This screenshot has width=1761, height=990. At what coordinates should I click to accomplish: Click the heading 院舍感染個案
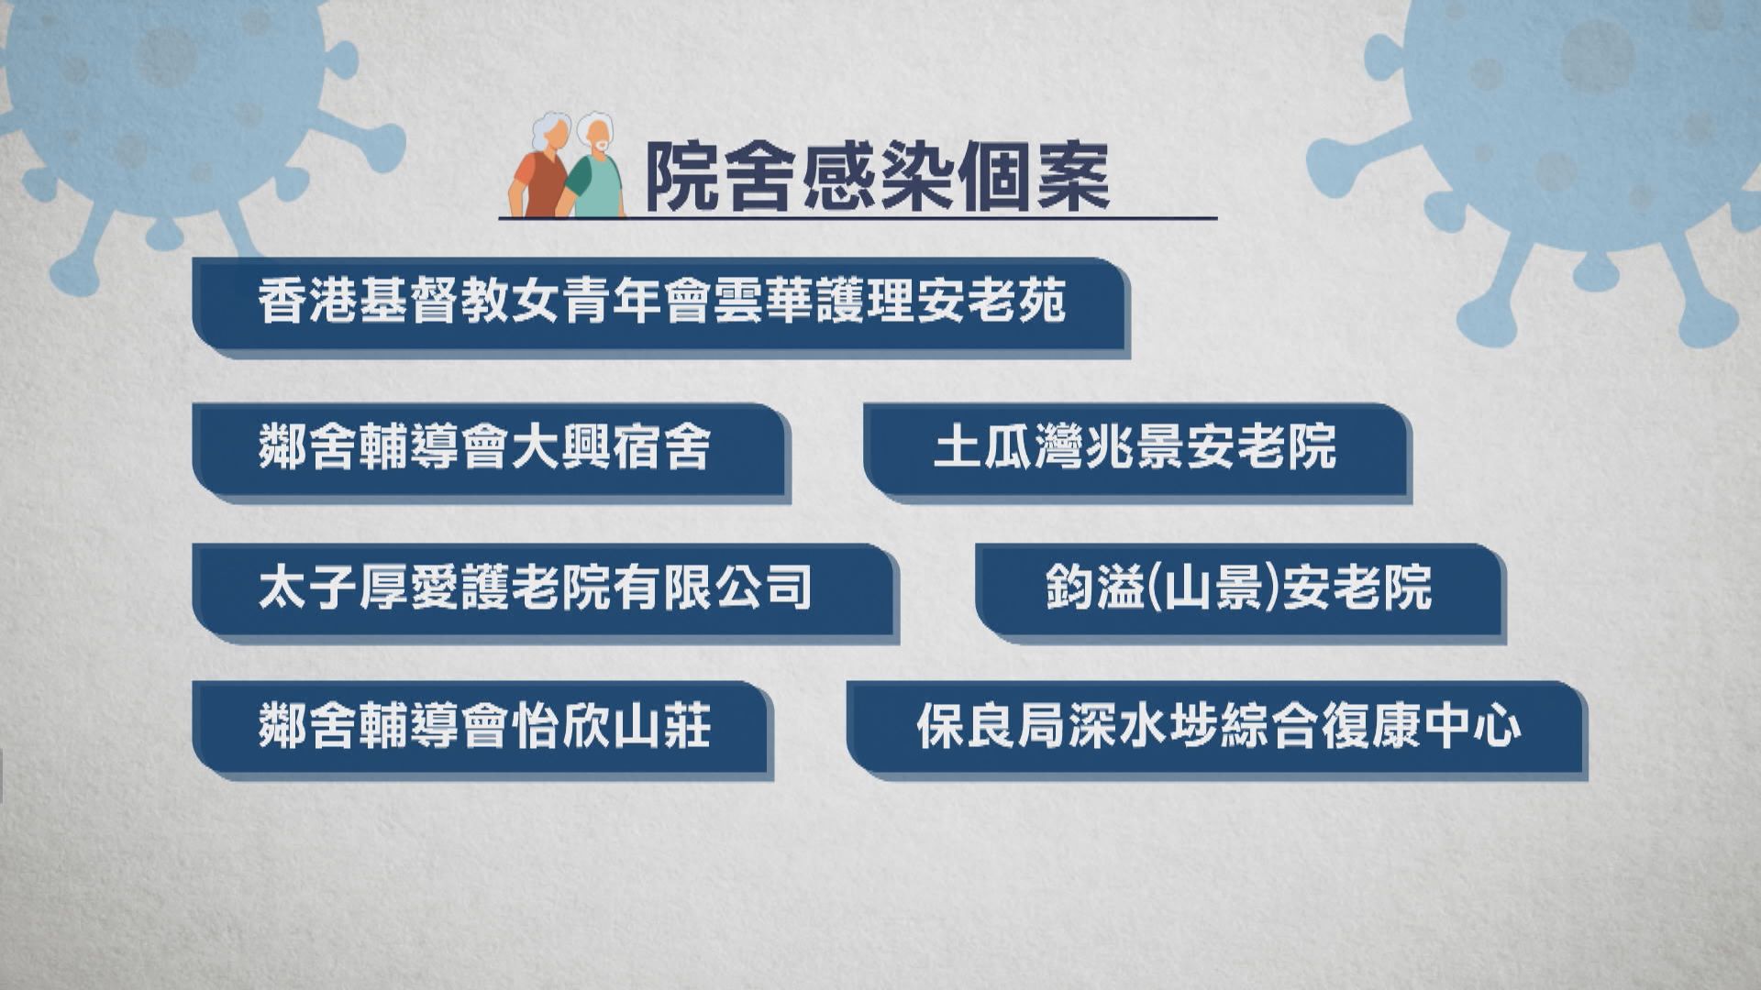click(x=877, y=177)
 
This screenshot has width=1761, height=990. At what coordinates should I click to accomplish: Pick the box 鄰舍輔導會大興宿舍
click(x=490, y=448)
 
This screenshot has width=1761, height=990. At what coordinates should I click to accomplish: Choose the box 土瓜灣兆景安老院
click(x=1135, y=448)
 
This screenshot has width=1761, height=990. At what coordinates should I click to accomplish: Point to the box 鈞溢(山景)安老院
click(x=1238, y=588)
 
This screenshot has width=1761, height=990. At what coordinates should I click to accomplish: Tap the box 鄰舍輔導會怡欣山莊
click(x=482, y=726)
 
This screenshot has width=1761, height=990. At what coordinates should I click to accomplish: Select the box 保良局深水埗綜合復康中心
click(x=1216, y=726)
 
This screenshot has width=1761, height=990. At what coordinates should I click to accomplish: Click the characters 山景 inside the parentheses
click(x=1213, y=588)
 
